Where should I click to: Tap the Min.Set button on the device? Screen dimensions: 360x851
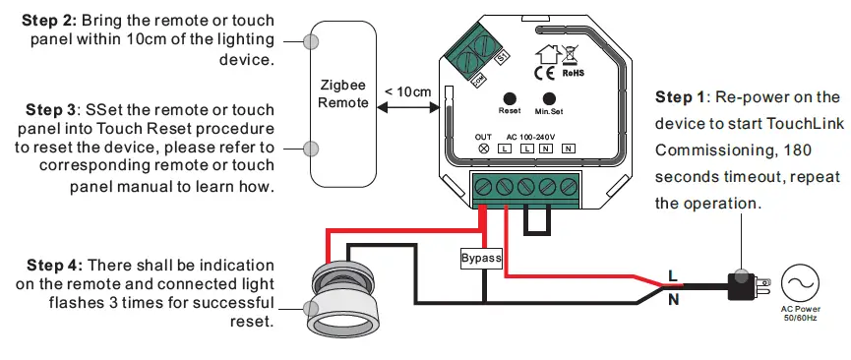pos(549,98)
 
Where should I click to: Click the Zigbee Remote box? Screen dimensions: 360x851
pos(344,94)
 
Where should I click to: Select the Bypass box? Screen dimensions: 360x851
pos(482,259)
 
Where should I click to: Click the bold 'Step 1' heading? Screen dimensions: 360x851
pos(680,97)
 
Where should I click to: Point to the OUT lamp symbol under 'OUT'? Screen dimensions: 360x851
pos(483,148)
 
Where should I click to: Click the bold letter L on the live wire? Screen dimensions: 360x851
pos(673,274)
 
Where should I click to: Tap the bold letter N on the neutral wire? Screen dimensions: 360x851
pos(673,299)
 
